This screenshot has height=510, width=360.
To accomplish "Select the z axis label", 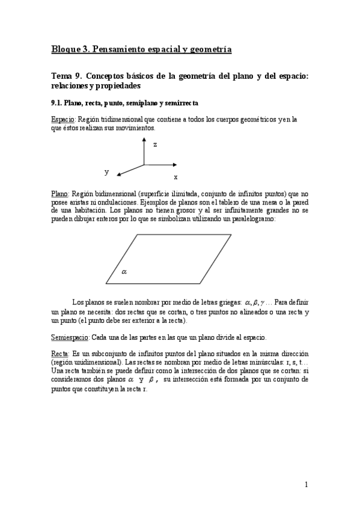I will coord(155,144).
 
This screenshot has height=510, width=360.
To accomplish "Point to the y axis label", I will coord(107,172).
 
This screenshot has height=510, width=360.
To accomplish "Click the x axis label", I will coord(175,177).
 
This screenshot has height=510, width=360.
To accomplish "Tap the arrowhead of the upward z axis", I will coord(144,139).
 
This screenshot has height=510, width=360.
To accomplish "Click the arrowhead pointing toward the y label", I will coord(120,174).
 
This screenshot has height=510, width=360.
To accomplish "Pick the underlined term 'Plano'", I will coord(59,194).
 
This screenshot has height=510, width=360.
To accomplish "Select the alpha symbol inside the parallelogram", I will coord(124,272).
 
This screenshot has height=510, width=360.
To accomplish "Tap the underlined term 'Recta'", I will coord(59,355).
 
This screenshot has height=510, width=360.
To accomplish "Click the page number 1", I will coord(306,485).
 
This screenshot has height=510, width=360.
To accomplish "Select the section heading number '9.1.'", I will coord(57,103).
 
